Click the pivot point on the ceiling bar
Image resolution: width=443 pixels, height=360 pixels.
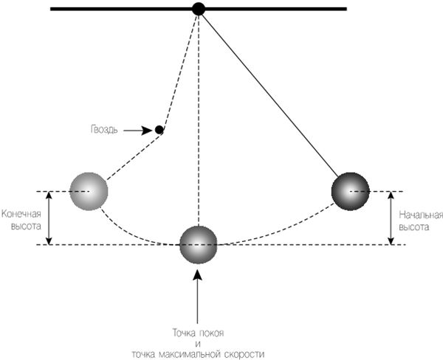[198, 9]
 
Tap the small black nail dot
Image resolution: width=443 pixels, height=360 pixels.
[159, 130]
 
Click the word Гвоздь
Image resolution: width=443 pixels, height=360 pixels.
[102, 130]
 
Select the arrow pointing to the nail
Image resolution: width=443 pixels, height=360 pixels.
[137, 130]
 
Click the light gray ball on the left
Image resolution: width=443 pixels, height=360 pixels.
[89, 191]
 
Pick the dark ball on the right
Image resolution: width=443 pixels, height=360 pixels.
[351, 191]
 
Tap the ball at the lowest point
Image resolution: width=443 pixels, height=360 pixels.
[199, 245]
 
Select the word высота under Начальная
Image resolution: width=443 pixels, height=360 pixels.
[414, 228]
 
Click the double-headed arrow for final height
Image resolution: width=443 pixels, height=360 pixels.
[49, 218]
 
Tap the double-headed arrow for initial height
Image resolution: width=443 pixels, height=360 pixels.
[390, 218]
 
